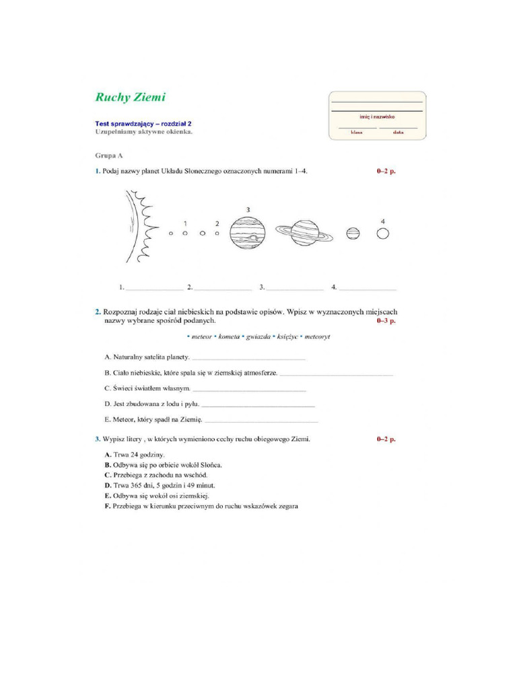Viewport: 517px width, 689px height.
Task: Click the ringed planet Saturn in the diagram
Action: [x=304, y=233]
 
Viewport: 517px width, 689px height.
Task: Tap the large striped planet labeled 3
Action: [x=247, y=233]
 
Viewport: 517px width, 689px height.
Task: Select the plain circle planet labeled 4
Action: [x=382, y=233]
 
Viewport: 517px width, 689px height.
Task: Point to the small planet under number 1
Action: [x=185, y=233]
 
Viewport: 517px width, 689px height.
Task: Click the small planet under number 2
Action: [x=217, y=233]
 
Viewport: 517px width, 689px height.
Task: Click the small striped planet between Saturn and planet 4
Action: [x=352, y=233]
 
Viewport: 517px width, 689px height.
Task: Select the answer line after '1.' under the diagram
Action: [x=154, y=288]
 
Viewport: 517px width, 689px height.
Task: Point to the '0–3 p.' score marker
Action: [x=386, y=321]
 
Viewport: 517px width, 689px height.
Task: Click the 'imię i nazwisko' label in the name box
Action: [x=376, y=116]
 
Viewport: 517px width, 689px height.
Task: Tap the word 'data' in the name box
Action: [x=398, y=133]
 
